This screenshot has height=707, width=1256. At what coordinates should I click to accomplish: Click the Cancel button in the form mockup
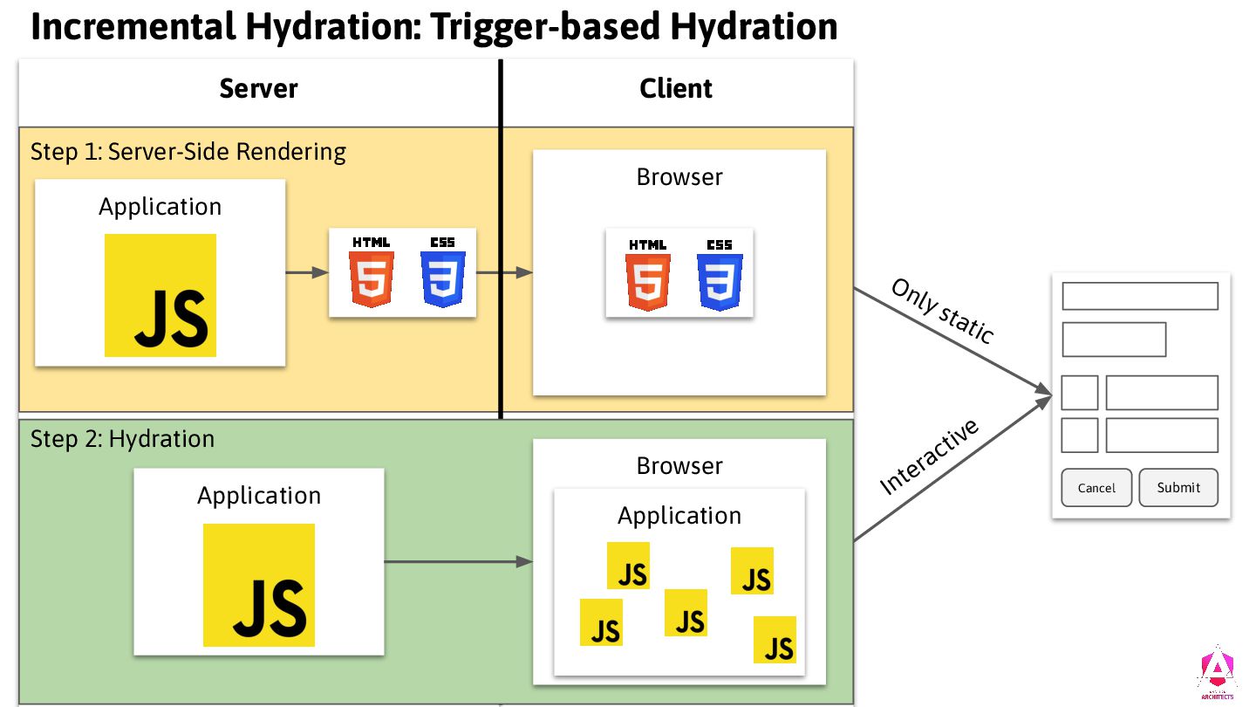click(1096, 488)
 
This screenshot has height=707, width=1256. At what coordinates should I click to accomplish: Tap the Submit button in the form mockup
click(1178, 488)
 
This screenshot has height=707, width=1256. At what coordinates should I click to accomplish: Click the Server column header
click(258, 88)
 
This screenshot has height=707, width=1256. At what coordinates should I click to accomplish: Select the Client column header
click(676, 88)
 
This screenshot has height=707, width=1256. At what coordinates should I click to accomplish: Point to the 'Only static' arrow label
click(942, 311)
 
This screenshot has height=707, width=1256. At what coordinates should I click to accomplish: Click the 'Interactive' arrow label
click(930, 456)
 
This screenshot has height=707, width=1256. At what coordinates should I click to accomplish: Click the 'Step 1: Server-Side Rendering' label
click(188, 152)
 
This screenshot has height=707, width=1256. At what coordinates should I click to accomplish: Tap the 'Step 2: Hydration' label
click(122, 438)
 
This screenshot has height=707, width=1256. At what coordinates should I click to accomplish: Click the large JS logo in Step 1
click(160, 295)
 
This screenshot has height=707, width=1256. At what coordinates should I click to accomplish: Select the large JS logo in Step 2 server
click(259, 585)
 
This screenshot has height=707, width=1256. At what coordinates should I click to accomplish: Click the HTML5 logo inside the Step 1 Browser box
click(648, 274)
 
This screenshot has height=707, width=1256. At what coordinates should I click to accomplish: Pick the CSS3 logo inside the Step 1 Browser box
click(720, 274)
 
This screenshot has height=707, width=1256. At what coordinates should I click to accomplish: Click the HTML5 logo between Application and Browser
click(372, 271)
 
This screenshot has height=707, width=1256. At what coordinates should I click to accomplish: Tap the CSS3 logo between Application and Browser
click(443, 271)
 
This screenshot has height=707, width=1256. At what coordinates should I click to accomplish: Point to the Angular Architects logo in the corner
click(1216, 673)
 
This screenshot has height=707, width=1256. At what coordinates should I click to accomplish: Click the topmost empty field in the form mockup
click(1139, 296)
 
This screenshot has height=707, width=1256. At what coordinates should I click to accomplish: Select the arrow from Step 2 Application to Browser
click(458, 562)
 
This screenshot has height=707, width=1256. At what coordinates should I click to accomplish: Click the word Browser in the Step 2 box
click(679, 465)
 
